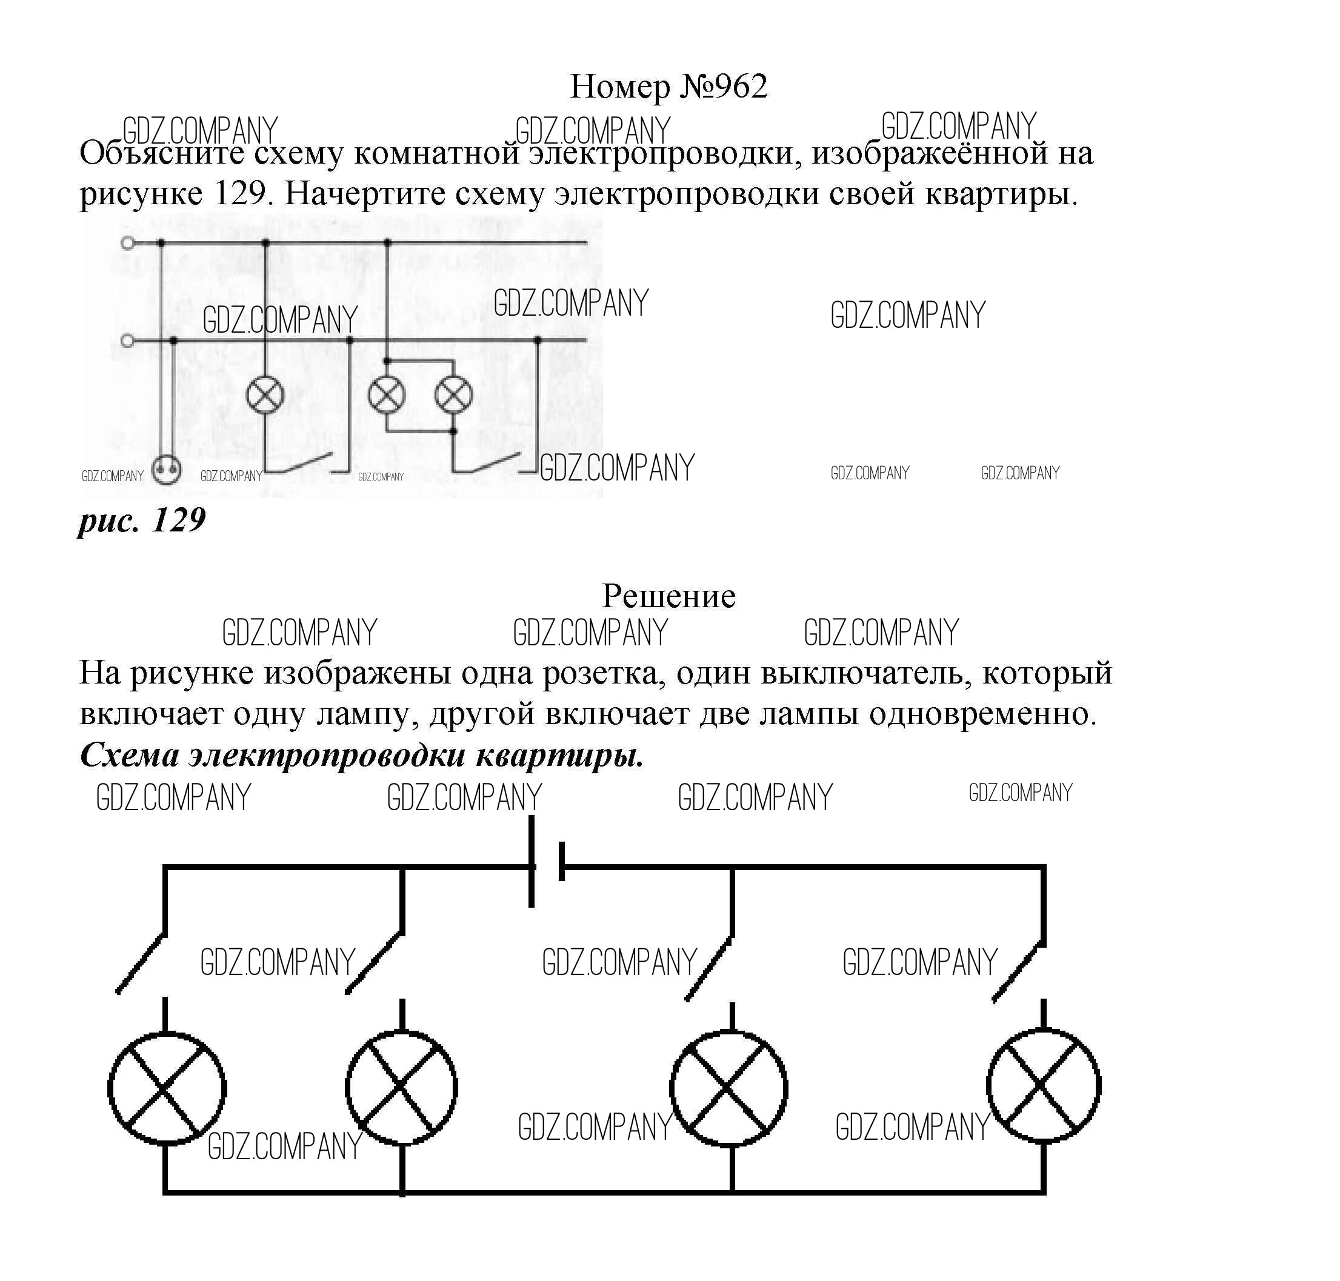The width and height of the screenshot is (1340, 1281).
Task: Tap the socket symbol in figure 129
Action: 166,469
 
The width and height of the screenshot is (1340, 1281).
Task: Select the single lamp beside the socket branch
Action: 265,394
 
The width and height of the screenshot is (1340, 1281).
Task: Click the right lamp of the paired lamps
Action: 453,394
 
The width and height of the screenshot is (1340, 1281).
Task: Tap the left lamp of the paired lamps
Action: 387,394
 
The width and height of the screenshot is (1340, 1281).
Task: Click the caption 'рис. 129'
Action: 142,521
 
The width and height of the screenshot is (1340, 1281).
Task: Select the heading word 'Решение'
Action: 668,596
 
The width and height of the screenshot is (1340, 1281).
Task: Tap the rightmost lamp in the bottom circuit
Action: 1043,1086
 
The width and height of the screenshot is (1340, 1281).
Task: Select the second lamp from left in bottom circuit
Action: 402,1086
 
